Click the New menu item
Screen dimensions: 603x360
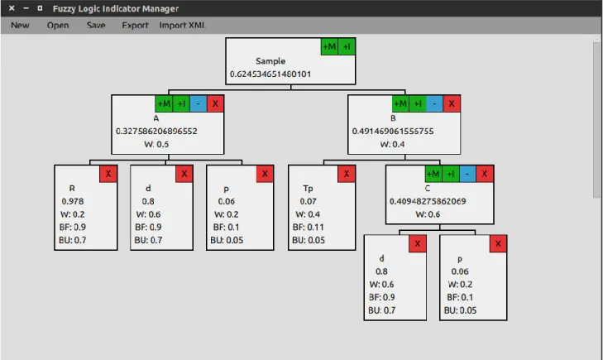click(x=20, y=26)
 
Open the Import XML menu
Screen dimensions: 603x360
click(x=183, y=26)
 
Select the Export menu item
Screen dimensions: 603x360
click(x=135, y=26)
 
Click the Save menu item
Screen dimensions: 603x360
click(x=96, y=26)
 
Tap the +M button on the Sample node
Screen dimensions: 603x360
click(x=329, y=46)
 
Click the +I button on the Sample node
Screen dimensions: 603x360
click(x=347, y=46)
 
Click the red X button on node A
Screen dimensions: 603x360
click(x=215, y=103)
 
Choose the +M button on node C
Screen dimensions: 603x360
click(x=433, y=174)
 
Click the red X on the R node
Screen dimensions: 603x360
click(x=108, y=174)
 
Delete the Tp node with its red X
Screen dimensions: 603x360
click(x=347, y=174)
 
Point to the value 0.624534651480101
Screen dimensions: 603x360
click(x=270, y=74)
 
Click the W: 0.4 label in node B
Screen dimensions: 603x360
click(x=392, y=144)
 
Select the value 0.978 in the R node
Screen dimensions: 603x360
click(x=73, y=201)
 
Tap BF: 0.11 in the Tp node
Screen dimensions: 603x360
click(x=308, y=227)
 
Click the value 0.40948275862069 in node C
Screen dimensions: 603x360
click(x=428, y=201)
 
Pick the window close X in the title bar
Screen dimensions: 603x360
click(x=12, y=8)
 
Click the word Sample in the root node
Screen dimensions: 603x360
click(x=270, y=60)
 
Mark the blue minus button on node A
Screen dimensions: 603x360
click(x=199, y=103)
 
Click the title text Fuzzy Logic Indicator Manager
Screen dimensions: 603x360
click(x=115, y=8)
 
